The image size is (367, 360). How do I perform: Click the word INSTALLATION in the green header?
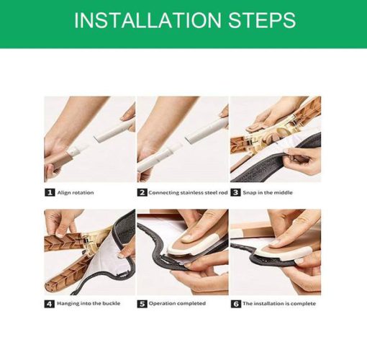point(148,20)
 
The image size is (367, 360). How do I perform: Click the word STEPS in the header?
point(262,20)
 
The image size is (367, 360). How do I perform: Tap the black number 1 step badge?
point(50,192)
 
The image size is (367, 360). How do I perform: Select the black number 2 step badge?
point(142,192)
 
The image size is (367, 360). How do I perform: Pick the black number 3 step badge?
point(235,192)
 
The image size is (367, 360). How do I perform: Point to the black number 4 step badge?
point(50,304)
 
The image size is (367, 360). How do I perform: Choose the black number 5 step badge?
point(142,304)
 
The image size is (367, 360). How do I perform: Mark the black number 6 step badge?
point(235,304)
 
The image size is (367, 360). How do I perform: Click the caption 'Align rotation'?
point(76,193)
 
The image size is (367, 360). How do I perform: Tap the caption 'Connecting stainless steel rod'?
point(188,192)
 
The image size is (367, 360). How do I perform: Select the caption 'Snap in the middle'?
point(268,192)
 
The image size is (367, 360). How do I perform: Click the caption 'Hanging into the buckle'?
point(89,303)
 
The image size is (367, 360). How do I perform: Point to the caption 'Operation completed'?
point(177,303)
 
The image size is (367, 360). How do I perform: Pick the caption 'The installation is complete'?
point(279,303)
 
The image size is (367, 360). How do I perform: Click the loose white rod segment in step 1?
point(113,131)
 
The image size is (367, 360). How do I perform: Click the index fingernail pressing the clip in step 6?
point(275,243)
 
